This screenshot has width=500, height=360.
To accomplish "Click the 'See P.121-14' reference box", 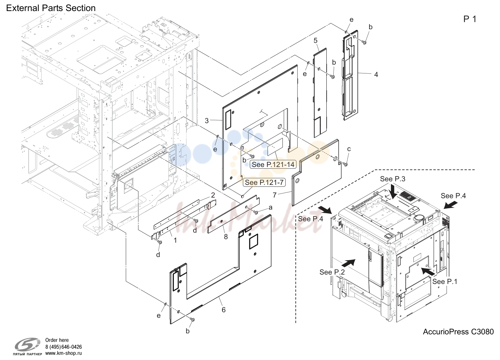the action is (x=273, y=164).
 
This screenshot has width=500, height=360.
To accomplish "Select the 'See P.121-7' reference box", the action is (x=264, y=183).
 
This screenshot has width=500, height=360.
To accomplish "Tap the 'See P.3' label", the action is (x=393, y=179).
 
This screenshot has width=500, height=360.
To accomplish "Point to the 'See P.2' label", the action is (x=332, y=272).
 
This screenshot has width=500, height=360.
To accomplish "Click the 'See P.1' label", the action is (x=445, y=281).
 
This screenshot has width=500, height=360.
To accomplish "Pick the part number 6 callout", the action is (x=223, y=310).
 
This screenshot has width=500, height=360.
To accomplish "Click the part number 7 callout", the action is (x=275, y=195).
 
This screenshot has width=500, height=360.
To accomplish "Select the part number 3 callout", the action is (x=207, y=121).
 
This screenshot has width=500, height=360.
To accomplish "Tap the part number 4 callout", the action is (x=376, y=75).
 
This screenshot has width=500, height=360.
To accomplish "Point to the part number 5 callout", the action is (x=315, y=40).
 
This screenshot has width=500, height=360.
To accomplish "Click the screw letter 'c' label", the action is (x=349, y=149).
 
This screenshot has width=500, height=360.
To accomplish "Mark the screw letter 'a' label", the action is (x=270, y=208).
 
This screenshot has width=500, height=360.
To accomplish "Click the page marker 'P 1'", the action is (x=470, y=19).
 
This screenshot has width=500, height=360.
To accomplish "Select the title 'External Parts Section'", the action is (x=51, y=8).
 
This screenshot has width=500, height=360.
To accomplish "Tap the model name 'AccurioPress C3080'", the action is (x=458, y=332).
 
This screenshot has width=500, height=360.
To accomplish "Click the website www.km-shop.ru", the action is (x=64, y=353).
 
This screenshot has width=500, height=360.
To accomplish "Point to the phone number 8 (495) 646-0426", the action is (x=64, y=347).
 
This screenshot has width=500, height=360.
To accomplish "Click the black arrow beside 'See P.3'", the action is (x=394, y=191).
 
